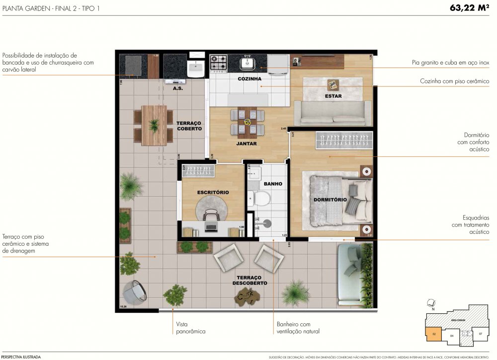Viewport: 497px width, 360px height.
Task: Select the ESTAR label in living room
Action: [332, 96]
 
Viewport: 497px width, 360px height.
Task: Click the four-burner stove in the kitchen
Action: [218, 63]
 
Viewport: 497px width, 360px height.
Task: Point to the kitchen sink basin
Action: [247, 63]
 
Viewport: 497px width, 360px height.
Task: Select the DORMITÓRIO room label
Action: [330, 199]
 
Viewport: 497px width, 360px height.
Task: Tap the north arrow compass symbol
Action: [432, 303]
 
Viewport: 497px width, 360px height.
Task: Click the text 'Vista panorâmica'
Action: [190, 327]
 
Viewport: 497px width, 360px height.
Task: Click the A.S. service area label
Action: [177, 88]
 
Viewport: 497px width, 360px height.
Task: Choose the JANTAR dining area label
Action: [247, 144]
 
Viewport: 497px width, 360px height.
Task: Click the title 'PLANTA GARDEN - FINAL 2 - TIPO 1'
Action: [51, 8]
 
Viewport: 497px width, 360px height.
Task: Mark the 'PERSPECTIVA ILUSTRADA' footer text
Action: [21, 357]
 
